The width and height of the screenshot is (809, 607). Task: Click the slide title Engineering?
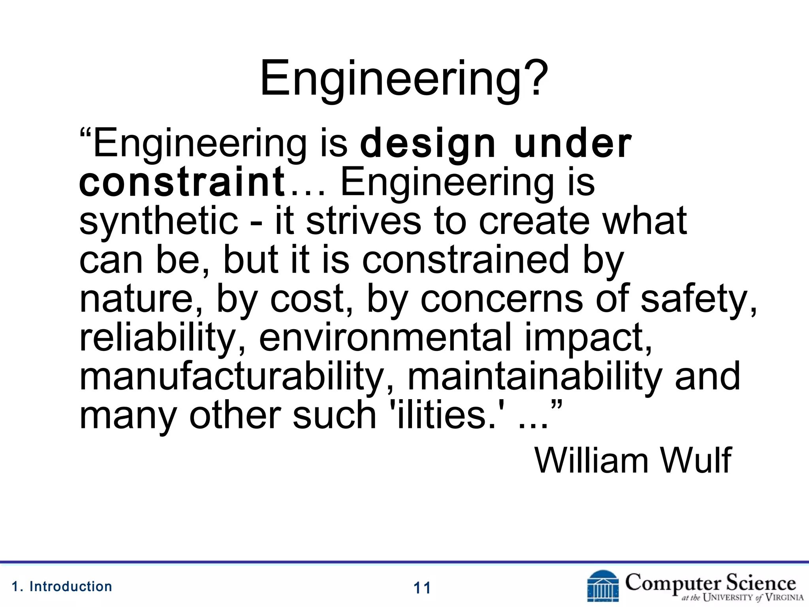point(404,79)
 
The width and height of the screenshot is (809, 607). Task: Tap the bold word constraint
point(182,182)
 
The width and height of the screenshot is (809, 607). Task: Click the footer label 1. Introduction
point(62,586)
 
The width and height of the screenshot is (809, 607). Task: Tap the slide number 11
point(422,588)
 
